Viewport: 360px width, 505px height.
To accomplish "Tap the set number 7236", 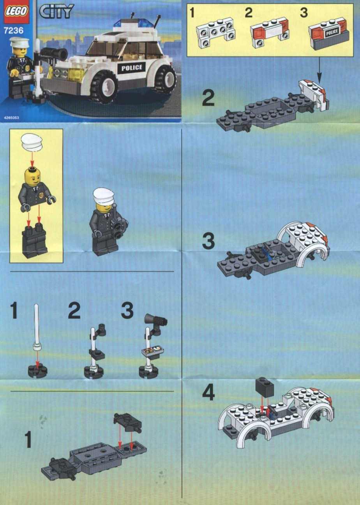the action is pyautogui.click(x=14, y=30).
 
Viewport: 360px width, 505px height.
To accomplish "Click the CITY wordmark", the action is pyautogui.click(x=56, y=11).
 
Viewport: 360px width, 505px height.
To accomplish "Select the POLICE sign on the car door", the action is pyautogui.click(x=132, y=68).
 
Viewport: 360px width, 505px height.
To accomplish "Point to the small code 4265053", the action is pyautogui.click(x=11, y=118).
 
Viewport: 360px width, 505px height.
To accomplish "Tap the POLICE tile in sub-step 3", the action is pyautogui.click(x=332, y=32).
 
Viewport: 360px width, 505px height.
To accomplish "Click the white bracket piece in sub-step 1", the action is pyautogui.click(x=215, y=32).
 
